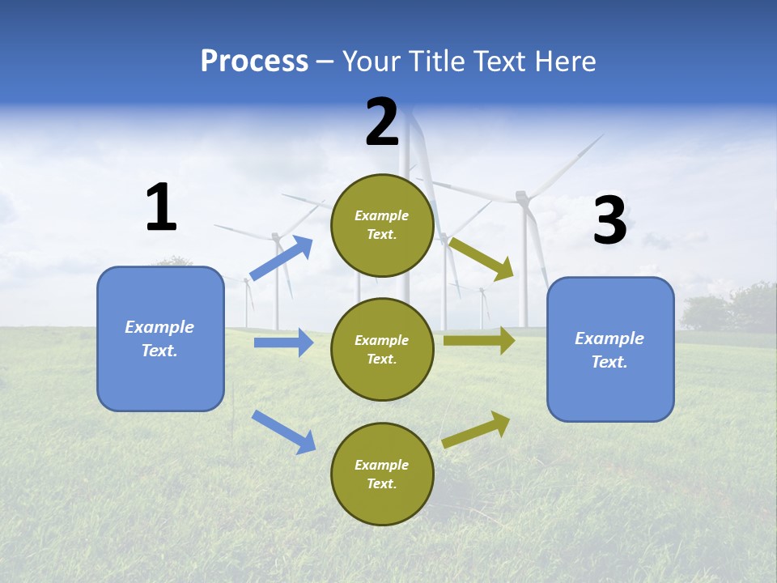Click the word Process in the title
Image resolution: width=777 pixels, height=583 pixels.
[x=254, y=62]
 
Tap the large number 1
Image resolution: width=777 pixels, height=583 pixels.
[x=161, y=208]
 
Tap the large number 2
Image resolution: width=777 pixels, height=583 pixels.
[x=382, y=122]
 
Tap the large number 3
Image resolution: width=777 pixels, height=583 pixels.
[x=609, y=220]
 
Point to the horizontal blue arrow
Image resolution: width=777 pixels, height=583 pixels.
[x=283, y=343]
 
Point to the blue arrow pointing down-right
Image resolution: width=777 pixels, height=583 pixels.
[x=283, y=432]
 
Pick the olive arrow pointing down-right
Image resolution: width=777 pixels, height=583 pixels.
[x=482, y=259]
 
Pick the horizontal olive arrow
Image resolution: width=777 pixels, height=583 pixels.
[x=479, y=341]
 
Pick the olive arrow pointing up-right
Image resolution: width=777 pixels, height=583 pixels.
[x=476, y=430]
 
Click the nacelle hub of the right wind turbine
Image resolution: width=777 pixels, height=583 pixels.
[x=522, y=197]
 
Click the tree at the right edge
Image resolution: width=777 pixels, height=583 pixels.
[x=749, y=306]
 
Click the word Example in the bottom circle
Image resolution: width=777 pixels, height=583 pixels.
[x=382, y=465]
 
